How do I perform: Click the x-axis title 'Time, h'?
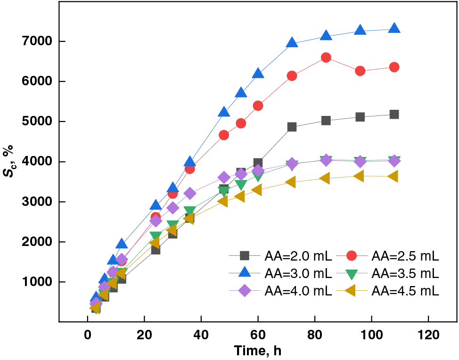(x=258, y=351)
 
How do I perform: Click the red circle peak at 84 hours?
(x=326, y=57)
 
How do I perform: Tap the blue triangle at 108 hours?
(x=394, y=28)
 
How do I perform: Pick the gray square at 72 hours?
(x=292, y=127)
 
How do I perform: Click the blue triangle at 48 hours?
(x=224, y=112)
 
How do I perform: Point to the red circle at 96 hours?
(x=360, y=71)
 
